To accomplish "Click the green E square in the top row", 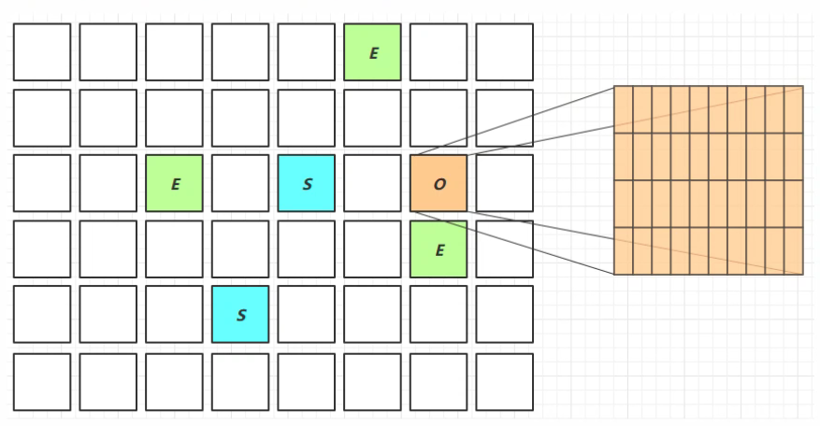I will point(372,52).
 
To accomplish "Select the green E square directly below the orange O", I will point(439,249).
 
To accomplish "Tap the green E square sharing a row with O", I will point(174,183).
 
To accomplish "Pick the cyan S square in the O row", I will point(307,183).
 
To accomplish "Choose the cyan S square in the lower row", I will point(240,315).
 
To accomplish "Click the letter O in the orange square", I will point(439,184).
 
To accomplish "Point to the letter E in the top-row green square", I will point(373,53).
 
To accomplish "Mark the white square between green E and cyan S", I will point(240,183).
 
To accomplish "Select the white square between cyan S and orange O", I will point(372,183).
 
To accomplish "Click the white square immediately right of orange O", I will point(505,183).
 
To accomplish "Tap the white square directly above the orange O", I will point(439,118).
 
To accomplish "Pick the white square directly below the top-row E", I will point(372,118).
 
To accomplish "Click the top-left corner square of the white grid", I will point(42,52).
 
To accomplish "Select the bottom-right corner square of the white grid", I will point(505,381).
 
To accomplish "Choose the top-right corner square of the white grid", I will point(505,52).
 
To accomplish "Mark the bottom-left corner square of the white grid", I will point(42,381).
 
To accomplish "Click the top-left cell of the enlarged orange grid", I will point(624,110).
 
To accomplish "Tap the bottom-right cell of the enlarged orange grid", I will point(793,250).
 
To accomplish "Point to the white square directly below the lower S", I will point(240,381).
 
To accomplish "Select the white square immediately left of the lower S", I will point(174,315).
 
